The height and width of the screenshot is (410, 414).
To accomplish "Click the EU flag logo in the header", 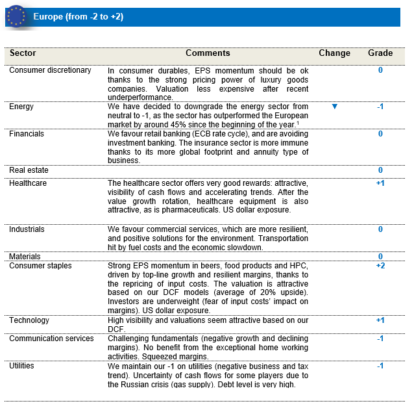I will pos(16,16).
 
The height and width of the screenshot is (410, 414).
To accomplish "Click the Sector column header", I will pos(23,53).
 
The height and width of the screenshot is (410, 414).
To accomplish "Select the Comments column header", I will pos(208,53).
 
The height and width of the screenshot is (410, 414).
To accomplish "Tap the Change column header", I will pos(334,53).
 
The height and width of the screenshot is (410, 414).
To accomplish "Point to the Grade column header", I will pos(380,53).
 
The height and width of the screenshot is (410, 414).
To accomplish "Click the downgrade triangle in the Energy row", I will pos(335,107).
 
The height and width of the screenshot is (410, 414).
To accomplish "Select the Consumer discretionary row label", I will pos(50,70).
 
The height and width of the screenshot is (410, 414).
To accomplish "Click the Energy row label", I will pos(21,107).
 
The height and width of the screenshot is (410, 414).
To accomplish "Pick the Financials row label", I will pos(27,134).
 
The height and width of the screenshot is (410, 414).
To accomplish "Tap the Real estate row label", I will pos(29,170).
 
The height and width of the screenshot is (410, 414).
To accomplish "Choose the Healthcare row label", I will pos(28,183).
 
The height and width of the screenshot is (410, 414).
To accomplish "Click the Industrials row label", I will pos(27,229).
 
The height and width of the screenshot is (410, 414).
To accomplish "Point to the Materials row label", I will pos(25,257).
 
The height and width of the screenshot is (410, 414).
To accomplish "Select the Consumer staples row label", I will pos(40,266).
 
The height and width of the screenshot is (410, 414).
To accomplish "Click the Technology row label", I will pos(29,320).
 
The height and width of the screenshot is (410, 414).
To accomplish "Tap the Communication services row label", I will pos(51,339).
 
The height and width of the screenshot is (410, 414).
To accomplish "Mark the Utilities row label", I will pos(22,366).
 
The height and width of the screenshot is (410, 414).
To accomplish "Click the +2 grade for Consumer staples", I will pos(380,266).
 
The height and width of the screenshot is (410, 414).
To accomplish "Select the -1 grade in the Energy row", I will pos(380,107).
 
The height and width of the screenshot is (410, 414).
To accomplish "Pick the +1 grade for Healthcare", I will pos(380,183).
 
